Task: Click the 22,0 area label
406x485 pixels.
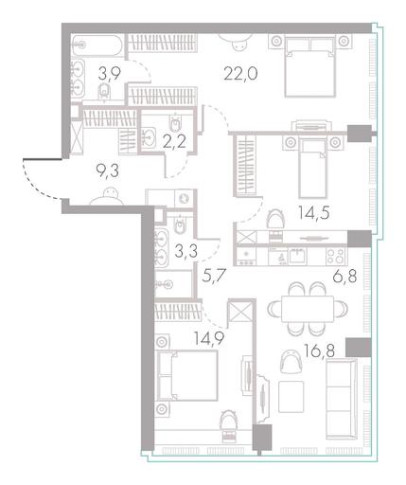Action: click(x=240, y=74)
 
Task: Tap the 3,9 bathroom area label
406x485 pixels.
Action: click(x=109, y=74)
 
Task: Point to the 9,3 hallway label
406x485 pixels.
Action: click(x=108, y=171)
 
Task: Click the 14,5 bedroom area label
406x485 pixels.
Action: click(x=314, y=213)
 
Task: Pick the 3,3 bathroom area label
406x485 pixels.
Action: click(x=186, y=251)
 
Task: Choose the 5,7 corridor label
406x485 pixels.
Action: click(x=214, y=276)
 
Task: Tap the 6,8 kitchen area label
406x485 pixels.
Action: click(x=345, y=276)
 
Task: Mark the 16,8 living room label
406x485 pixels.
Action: click(x=320, y=350)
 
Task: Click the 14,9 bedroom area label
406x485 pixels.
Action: click(x=209, y=339)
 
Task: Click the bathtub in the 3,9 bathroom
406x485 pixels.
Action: click(x=97, y=45)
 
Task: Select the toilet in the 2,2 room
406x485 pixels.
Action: click(x=174, y=123)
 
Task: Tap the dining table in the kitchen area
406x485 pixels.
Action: click(x=308, y=309)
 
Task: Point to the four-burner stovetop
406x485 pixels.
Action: click(x=335, y=256)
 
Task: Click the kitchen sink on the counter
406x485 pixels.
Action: click(x=297, y=256)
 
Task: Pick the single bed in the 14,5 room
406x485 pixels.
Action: click(x=312, y=169)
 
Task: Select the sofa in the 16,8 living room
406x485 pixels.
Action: click(x=342, y=400)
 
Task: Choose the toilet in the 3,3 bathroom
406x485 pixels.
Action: click(x=180, y=225)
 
